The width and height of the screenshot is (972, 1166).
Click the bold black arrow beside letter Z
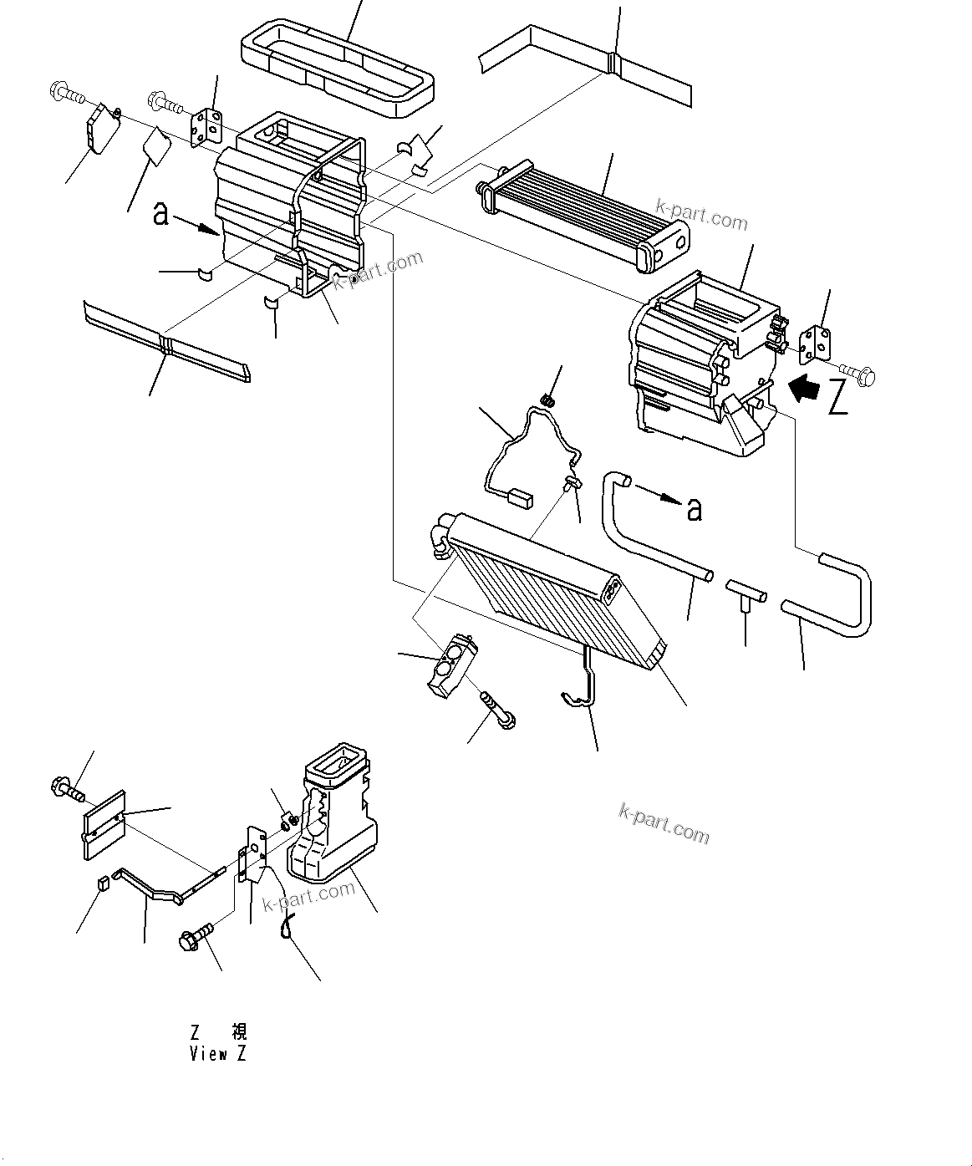click(x=806, y=389)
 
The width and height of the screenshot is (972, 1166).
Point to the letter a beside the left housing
click(x=160, y=215)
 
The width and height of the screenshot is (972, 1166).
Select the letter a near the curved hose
click(x=694, y=509)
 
